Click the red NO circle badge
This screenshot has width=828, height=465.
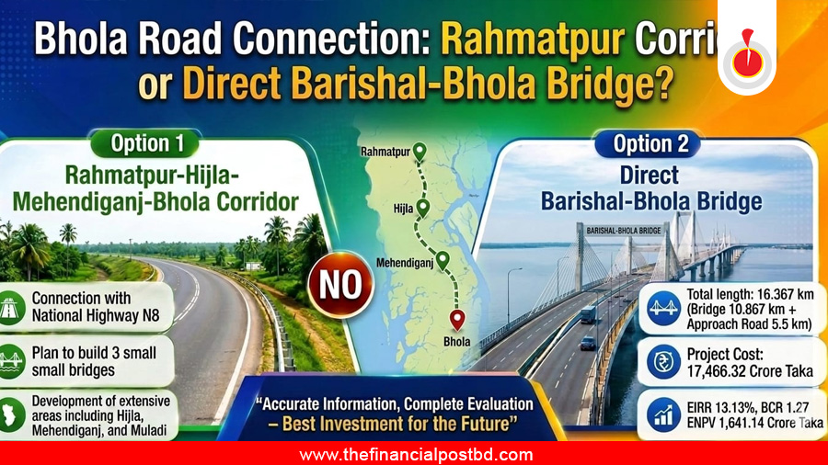pyautogui.click(x=340, y=285)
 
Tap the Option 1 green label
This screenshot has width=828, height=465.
pyautogui.click(x=145, y=143)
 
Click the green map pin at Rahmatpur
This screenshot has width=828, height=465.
pyautogui.click(x=420, y=152)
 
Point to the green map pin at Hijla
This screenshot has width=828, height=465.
pyautogui.click(x=422, y=209)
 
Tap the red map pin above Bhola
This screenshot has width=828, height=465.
pyautogui.click(x=457, y=320)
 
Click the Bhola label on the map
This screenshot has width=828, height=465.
pyautogui.click(x=456, y=342)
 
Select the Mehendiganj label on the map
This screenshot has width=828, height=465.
pyautogui.click(x=405, y=262)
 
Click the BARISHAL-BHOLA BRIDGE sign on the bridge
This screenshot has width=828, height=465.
pyautogui.click(x=624, y=231)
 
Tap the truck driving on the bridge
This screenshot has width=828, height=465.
pyautogui.click(x=588, y=314)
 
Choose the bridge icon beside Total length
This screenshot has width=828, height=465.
pyautogui.click(x=663, y=308)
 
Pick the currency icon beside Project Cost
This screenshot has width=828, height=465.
pyautogui.click(x=663, y=362)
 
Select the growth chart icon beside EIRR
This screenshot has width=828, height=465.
pyautogui.click(x=663, y=414)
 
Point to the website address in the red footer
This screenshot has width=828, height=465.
pyautogui.click(x=416, y=455)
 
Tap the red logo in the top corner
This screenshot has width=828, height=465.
pyautogui.click(x=747, y=55)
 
